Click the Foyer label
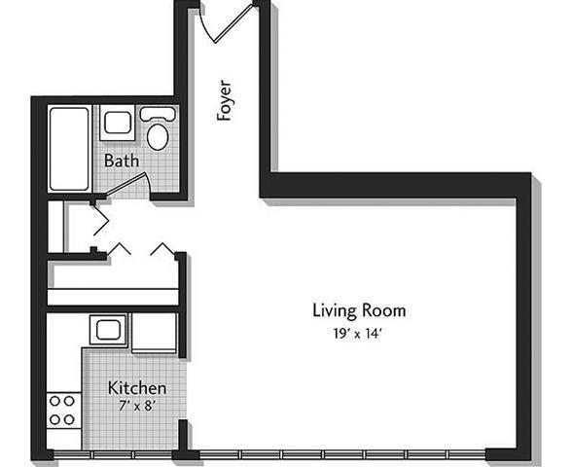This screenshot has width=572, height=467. (x=225, y=100)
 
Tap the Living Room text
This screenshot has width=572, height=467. (x=358, y=311)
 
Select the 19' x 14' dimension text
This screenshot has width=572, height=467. (x=358, y=333)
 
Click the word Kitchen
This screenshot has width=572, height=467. (x=129, y=387)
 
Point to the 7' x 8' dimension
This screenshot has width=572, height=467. (x=129, y=406)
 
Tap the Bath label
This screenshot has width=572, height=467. (x=122, y=160)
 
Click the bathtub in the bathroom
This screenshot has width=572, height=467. (x=68, y=148)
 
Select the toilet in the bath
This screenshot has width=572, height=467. (x=157, y=130)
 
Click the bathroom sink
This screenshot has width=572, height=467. (x=118, y=124)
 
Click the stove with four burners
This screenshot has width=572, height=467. (x=63, y=410)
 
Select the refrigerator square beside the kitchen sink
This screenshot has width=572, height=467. (x=155, y=332)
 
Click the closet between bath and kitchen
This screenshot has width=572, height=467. (x=78, y=226)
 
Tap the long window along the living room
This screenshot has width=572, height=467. (x=340, y=454)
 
